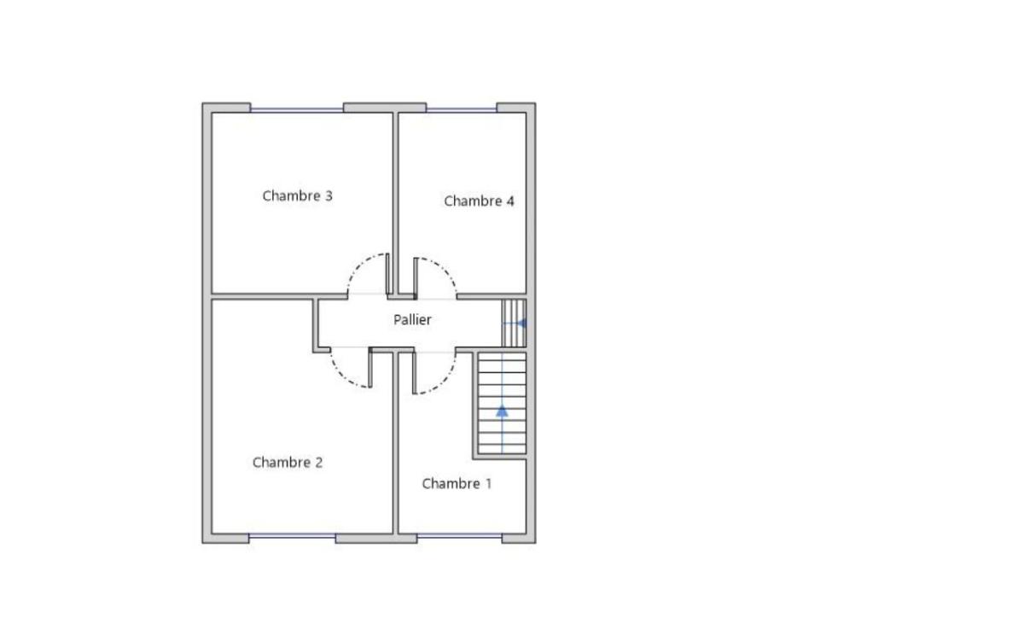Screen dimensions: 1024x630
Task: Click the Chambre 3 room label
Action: (297, 195)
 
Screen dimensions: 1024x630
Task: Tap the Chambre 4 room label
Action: (479, 201)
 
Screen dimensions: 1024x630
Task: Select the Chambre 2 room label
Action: (288, 462)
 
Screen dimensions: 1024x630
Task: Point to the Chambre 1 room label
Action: (457, 483)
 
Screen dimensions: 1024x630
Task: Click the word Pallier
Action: (412, 319)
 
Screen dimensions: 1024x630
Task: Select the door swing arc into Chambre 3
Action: (356, 266)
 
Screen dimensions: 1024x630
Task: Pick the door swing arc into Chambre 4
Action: (446, 271)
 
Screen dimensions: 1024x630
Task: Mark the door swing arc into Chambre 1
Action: (446, 381)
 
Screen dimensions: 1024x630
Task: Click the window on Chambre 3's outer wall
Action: (297, 110)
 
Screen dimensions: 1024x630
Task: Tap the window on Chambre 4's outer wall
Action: (462, 110)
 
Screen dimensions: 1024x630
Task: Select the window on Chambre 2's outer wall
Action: (292, 536)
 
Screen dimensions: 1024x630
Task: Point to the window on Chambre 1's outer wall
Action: (459, 536)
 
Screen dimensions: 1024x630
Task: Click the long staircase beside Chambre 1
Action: (502, 403)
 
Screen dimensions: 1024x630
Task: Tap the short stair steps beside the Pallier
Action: (514, 323)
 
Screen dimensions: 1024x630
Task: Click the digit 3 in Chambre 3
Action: (329, 195)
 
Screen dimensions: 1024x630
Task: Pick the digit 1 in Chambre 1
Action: (488, 483)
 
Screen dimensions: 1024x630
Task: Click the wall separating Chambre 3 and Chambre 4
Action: (395, 203)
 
